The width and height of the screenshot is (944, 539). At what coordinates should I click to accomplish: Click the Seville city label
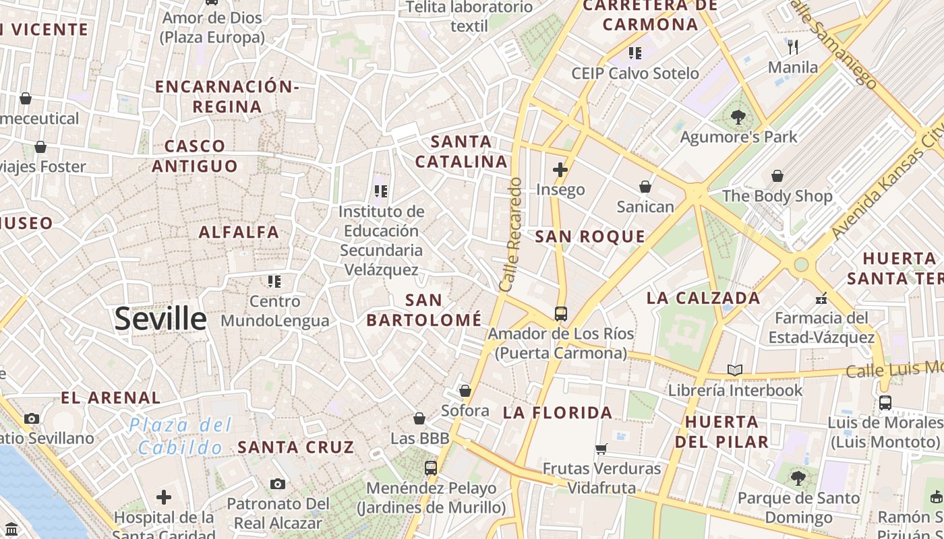(x=160, y=319)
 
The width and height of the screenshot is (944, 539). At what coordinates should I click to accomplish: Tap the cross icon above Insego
(x=560, y=169)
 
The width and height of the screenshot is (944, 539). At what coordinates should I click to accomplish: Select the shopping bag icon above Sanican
(x=645, y=186)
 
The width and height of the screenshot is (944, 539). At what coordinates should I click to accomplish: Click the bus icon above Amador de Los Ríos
(x=560, y=313)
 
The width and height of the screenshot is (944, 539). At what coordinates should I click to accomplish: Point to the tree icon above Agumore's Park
(x=738, y=117)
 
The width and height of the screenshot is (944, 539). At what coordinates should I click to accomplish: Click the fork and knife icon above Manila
(x=793, y=47)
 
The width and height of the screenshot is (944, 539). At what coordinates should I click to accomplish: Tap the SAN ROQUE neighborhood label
(x=590, y=236)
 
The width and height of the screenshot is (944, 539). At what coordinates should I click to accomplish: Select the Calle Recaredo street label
(x=511, y=234)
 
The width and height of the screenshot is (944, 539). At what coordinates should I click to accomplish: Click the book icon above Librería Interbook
(x=735, y=370)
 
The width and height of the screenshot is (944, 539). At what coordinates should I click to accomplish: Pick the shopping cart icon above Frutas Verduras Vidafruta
(x=601, y=448)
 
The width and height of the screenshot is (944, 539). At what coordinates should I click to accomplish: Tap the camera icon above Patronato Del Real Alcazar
(x=277, y=484)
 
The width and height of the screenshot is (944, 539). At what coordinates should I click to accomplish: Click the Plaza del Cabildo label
(x=180, y=436)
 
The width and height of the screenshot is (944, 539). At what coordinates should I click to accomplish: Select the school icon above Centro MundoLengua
(x=274, y=281)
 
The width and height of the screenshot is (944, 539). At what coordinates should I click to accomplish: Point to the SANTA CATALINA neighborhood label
(x=461, y=152)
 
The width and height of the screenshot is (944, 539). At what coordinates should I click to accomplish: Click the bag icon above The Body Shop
(x=777, y=176)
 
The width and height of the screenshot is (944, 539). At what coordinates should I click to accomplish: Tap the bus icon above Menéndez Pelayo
(x=430, y=468)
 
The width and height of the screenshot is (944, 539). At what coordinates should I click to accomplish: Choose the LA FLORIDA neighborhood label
(x=558, y=413)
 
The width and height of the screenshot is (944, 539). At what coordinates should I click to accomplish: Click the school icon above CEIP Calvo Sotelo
(x=635, y=53)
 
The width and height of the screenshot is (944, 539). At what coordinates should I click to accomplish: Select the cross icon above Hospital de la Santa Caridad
(x=164, y=497)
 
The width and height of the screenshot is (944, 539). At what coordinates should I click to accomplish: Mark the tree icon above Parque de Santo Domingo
(x=798, y=478)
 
